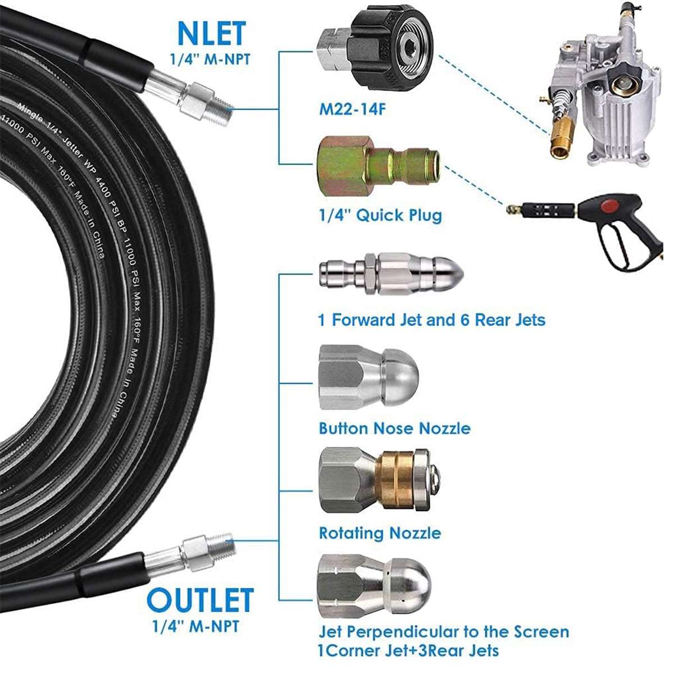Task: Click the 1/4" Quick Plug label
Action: coord(380,215)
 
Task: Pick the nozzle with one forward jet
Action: coord(391,275)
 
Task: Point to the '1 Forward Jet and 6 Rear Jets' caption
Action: coord(431,320)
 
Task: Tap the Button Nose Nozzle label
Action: coord(394,428)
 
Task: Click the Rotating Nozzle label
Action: coord(380,532)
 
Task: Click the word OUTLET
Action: coord(200,600)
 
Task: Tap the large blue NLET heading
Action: coord(211,33)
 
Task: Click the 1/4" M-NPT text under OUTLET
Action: coord(196,626)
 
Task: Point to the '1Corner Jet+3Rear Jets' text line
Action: coord(408,651)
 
